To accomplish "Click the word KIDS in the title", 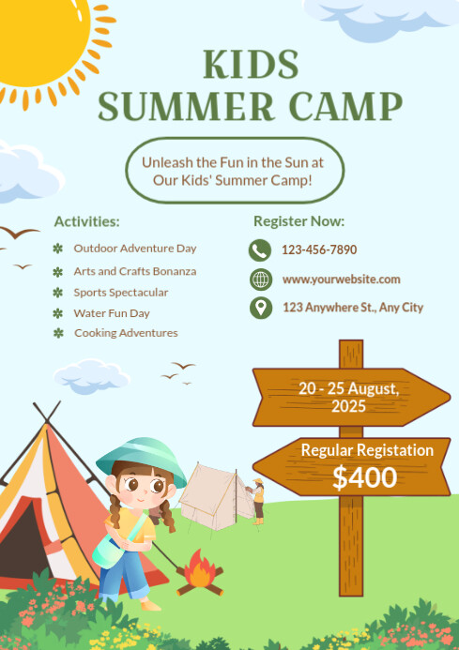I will pyautogui.click(x=251, y=64).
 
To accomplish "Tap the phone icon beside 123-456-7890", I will pyautogui.click(x=260, y=250).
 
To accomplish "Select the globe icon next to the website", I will pyautogui.click(x=260, y=280).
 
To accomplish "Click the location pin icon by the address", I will pyautogui.click(x=260, y=308).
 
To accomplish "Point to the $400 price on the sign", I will pyautogui.click(x=364, y=477).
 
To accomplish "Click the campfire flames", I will pyautogui.click(x=199, y=570).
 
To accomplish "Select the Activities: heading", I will pyautogui.click(x=86, y=221).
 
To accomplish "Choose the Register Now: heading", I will pyautogui.click(x=298, y=221).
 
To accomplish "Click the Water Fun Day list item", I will pyautogui.click(x=112, y=313).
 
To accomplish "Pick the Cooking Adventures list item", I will pyautogui.click(x=126, y=333).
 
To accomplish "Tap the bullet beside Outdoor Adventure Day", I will pyautogui.click(x=58, y=249).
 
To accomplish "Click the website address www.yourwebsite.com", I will pyautogui.click(x=341, y=280).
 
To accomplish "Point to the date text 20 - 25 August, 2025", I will pyautogui.click(x=348, y=397).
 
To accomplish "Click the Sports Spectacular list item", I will pyautogui.click(x=121, y=293).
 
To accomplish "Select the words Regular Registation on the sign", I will pyautogui.click(x=367, y=450).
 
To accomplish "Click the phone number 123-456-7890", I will pyautogui.click(x=319, y=250).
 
